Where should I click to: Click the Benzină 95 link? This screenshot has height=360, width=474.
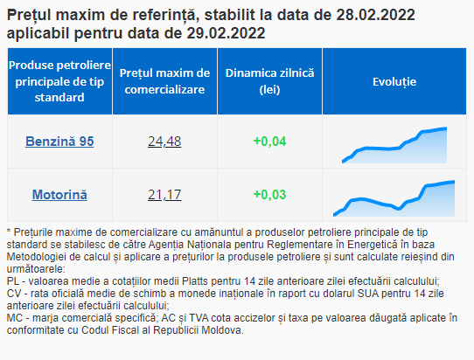coord(59,142)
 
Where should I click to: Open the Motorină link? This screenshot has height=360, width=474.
coord(59,195)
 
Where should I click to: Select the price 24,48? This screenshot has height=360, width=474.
coord(164,142)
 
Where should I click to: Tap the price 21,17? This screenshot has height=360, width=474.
coord(164,195)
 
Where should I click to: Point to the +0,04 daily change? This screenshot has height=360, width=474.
coord(269,142)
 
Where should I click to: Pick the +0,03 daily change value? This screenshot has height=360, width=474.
coord(269,195)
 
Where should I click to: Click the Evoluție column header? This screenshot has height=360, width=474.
coord(394,81)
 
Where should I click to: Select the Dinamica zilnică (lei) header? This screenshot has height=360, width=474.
coord(269,81)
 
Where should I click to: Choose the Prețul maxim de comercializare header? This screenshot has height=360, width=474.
coord(164,81)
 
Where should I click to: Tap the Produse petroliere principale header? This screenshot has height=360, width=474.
coord(59,81)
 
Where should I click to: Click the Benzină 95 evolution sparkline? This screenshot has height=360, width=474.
coord(394,145)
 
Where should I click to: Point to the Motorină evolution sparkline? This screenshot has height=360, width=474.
coord(394,198)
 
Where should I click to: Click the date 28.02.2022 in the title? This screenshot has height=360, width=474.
coord(375,15)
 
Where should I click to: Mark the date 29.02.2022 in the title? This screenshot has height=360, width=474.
coord(226,33)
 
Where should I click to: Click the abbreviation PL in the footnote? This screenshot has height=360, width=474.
coord(13,281)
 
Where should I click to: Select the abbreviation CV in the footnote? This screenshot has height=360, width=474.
coord(14,294)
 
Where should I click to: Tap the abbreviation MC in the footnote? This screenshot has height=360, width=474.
coord(14,318)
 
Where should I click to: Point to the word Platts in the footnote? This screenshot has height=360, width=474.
coord(195,281)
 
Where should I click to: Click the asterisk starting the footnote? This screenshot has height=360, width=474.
coord(9,231)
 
